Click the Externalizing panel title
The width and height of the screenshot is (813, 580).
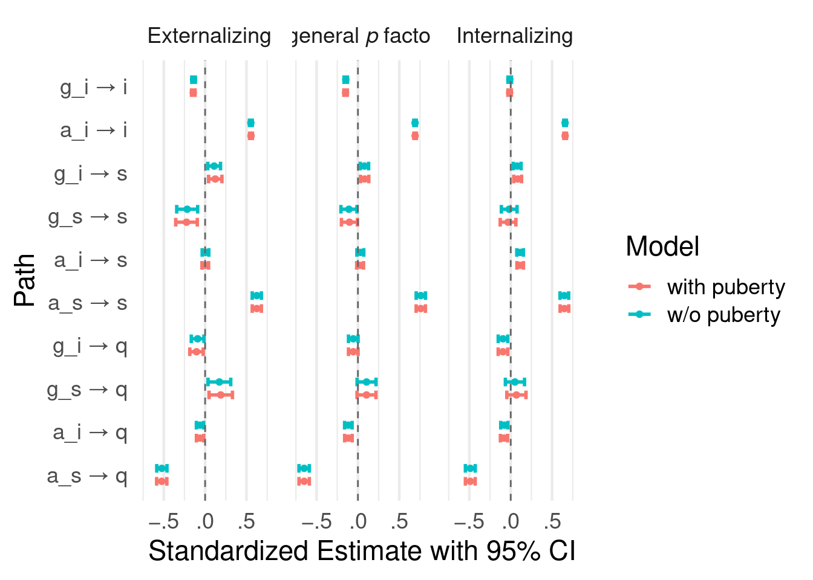click(209, 36)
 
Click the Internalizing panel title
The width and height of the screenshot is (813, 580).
click(515, 36)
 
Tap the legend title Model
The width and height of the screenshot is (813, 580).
click(662, 246)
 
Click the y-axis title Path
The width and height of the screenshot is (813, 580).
click(25, 280)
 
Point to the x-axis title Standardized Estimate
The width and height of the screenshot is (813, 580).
click(362, 551)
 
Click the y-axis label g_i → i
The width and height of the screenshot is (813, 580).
click(94, 88)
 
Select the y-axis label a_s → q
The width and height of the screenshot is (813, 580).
click(88, 476)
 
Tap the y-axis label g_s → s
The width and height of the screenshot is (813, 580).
click(88, 217)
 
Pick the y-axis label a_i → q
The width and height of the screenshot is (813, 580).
click(90, 433)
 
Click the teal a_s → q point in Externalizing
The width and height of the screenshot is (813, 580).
click(162, 468)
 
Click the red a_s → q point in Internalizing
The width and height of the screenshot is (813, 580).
click(470, 482)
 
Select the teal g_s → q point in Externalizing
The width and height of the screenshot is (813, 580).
click(219, 382)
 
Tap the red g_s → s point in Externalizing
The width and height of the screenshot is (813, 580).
click(186, 222)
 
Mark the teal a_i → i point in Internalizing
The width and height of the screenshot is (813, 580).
click(565, 123)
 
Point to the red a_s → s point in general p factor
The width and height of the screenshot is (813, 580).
click(421, 309)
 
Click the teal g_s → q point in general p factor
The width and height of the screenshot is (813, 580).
click(366, 382)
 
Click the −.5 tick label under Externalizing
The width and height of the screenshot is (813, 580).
click(164, 521)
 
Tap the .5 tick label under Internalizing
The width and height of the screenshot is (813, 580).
click(552, 521)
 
